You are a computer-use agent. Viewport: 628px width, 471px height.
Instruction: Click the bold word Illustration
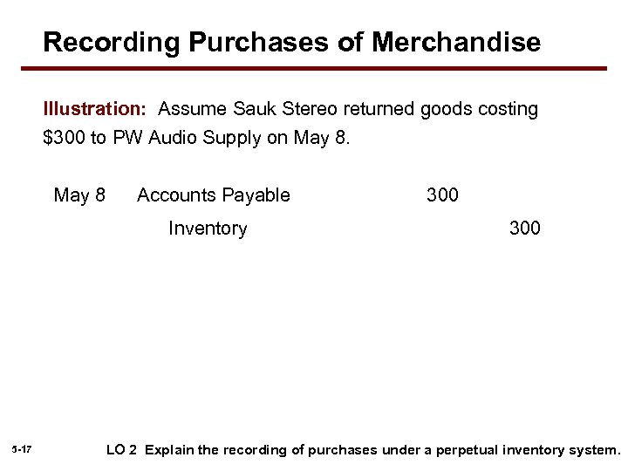click(x=94, y=110)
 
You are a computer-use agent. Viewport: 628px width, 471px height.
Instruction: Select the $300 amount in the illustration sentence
click(x=64, y=138)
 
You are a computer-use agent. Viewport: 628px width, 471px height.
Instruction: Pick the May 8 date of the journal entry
click(x=79, y=195)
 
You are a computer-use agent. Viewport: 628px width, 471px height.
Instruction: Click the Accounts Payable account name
click(x=213, y=195)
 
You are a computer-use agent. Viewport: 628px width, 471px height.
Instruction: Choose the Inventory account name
click(x=208, y=229)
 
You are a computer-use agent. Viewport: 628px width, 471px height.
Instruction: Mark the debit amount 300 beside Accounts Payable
click(x=442, y=195)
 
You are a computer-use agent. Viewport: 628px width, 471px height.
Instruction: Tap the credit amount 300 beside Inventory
click(x=525, y=229)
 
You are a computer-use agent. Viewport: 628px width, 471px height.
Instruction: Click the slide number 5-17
click(x=23, y=449)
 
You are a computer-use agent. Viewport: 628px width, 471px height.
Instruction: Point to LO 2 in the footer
click(x=121, y=450)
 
